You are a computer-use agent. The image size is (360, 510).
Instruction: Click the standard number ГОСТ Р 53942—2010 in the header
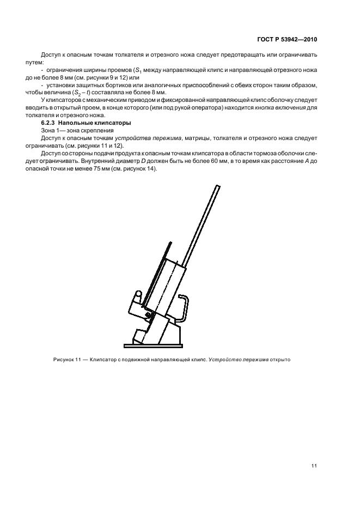pos(287,40)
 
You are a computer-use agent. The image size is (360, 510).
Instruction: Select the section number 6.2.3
pos(50,123)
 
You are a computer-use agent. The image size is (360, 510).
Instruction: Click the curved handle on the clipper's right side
pos(187,308)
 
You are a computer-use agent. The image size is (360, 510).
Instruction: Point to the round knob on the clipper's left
pos(139,294)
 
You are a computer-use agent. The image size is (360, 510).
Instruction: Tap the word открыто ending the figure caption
pos(284,360)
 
